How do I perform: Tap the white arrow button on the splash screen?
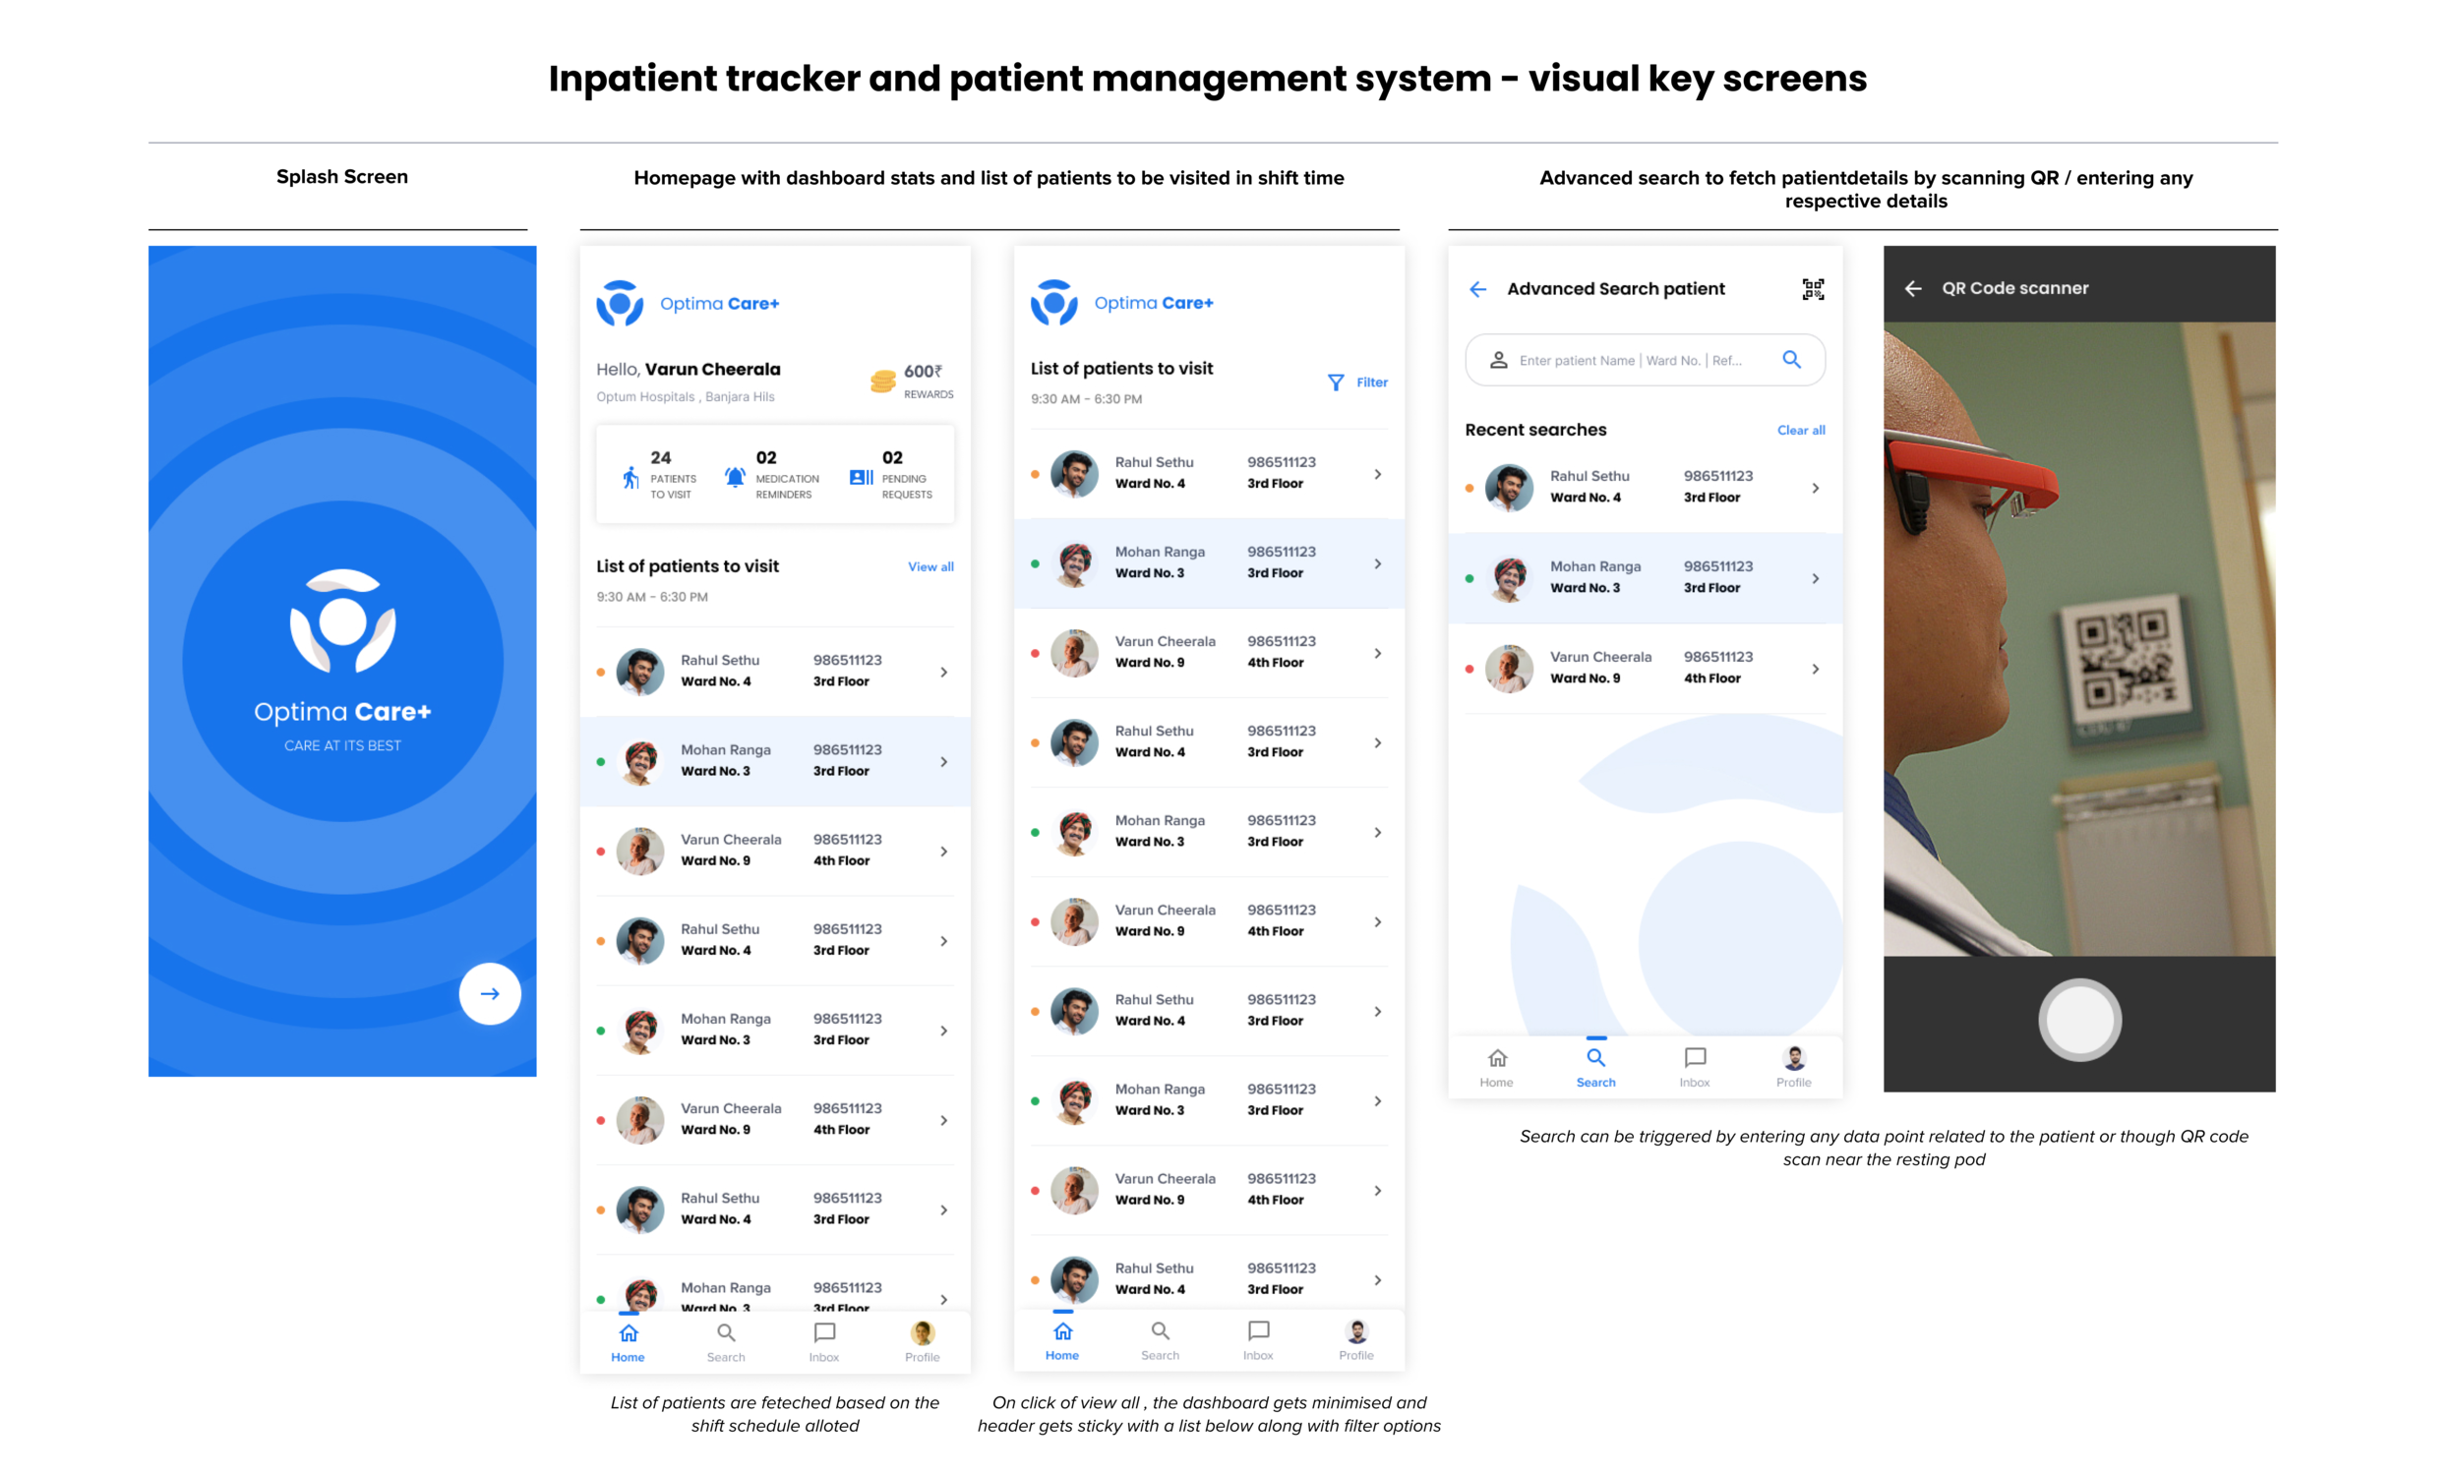[489, 993]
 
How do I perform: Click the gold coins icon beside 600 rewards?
[881, 382]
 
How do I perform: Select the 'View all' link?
[930, 566]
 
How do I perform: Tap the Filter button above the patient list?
[1356, 383]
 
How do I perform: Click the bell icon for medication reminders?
[735, 477]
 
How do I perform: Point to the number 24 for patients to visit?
[660, 457]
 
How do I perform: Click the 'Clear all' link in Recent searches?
[1800, 431]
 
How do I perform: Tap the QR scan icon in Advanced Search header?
[1812, 289]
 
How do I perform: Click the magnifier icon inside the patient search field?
[1791, 360]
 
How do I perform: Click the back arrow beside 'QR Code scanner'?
[1912, 288]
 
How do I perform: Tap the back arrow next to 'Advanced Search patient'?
[1478, 289]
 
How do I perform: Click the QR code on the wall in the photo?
[2125, 661]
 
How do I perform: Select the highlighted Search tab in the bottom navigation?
[1595, 1066]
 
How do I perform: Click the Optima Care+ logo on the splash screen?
[342, 620]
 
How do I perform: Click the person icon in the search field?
[1498, 360]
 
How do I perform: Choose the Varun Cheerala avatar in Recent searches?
[1509, 668]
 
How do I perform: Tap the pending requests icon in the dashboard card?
[861, 477]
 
